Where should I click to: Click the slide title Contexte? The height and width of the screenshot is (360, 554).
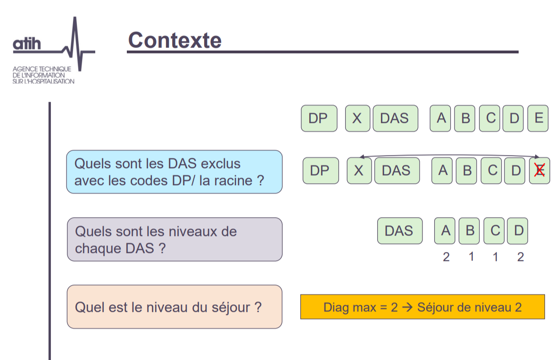pyautogui.click(x=174, y=40)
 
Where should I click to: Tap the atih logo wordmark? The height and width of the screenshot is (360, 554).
pyautogui.click(x=27, y=44)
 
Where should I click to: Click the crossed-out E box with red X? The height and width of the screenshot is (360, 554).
pyautogui.click(x=539, y=171)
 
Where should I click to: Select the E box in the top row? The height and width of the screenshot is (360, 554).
pyautogui.click(x=538, y=118)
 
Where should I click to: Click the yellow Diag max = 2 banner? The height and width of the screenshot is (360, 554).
pyautogui.click(x=422, y=307)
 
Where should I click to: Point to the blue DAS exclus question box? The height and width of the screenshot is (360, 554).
pyautogui.click(x=174, y=172)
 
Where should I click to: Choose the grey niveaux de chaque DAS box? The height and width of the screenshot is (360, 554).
pyautogui.click(x=174, y=239)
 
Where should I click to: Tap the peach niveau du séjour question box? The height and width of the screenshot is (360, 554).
pyautogui.click(x=174, y=307)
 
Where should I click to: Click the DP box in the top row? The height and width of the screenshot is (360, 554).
pyautogui.click(x=319, y=118)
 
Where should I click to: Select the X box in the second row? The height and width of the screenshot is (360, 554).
pyautogui.click(x=359, y=171)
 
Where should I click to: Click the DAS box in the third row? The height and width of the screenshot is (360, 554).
pyautogui.click(x=400, y=231)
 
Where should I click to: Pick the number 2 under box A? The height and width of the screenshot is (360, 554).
pyautogui.click(x=446, y=257)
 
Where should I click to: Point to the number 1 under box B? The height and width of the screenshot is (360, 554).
pyautogui.click(x=471, y=257)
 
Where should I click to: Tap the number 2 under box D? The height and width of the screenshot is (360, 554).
pyautogui.click(x=521, y=257)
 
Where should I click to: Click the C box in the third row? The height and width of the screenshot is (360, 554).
pyautogui.click(x=494, y=231)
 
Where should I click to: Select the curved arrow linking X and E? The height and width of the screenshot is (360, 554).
pyautogui.click(x=449, y=155)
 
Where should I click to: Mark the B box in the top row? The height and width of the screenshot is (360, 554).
pyautogui.click(x=464, y=118)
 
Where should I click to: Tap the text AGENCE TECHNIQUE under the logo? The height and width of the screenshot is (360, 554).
pyautogui.click(x=41, y=69)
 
